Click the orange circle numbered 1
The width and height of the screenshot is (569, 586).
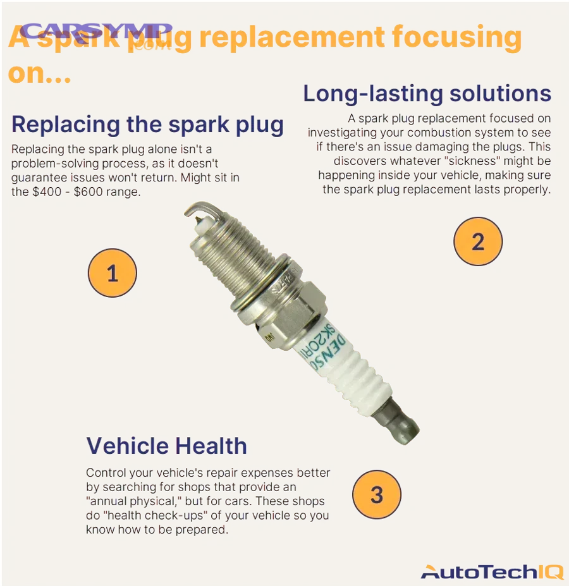pos(112,273)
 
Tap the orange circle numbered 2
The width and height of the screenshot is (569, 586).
pos(478,241)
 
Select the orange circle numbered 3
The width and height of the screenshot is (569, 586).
pos(377,494)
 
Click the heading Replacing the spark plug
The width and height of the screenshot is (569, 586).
pos(147,124)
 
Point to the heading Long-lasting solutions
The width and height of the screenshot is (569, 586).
pos(427,94)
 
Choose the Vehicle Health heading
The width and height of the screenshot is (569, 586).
pos(166,446)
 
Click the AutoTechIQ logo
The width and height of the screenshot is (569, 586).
pos(491,571)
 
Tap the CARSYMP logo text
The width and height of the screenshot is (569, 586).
pos(97,31)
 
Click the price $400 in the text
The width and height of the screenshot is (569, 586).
pos(45,192)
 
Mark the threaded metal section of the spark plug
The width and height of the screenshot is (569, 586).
pos(241,253)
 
